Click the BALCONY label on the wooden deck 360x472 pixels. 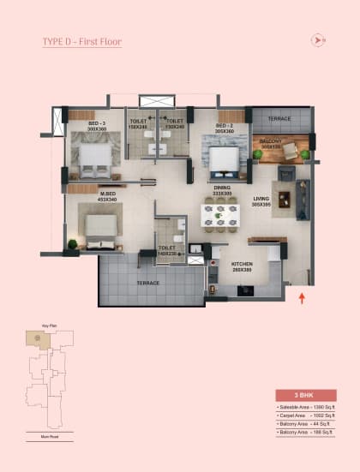273,142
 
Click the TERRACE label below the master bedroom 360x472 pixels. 149,283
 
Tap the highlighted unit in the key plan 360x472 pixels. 39,339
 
